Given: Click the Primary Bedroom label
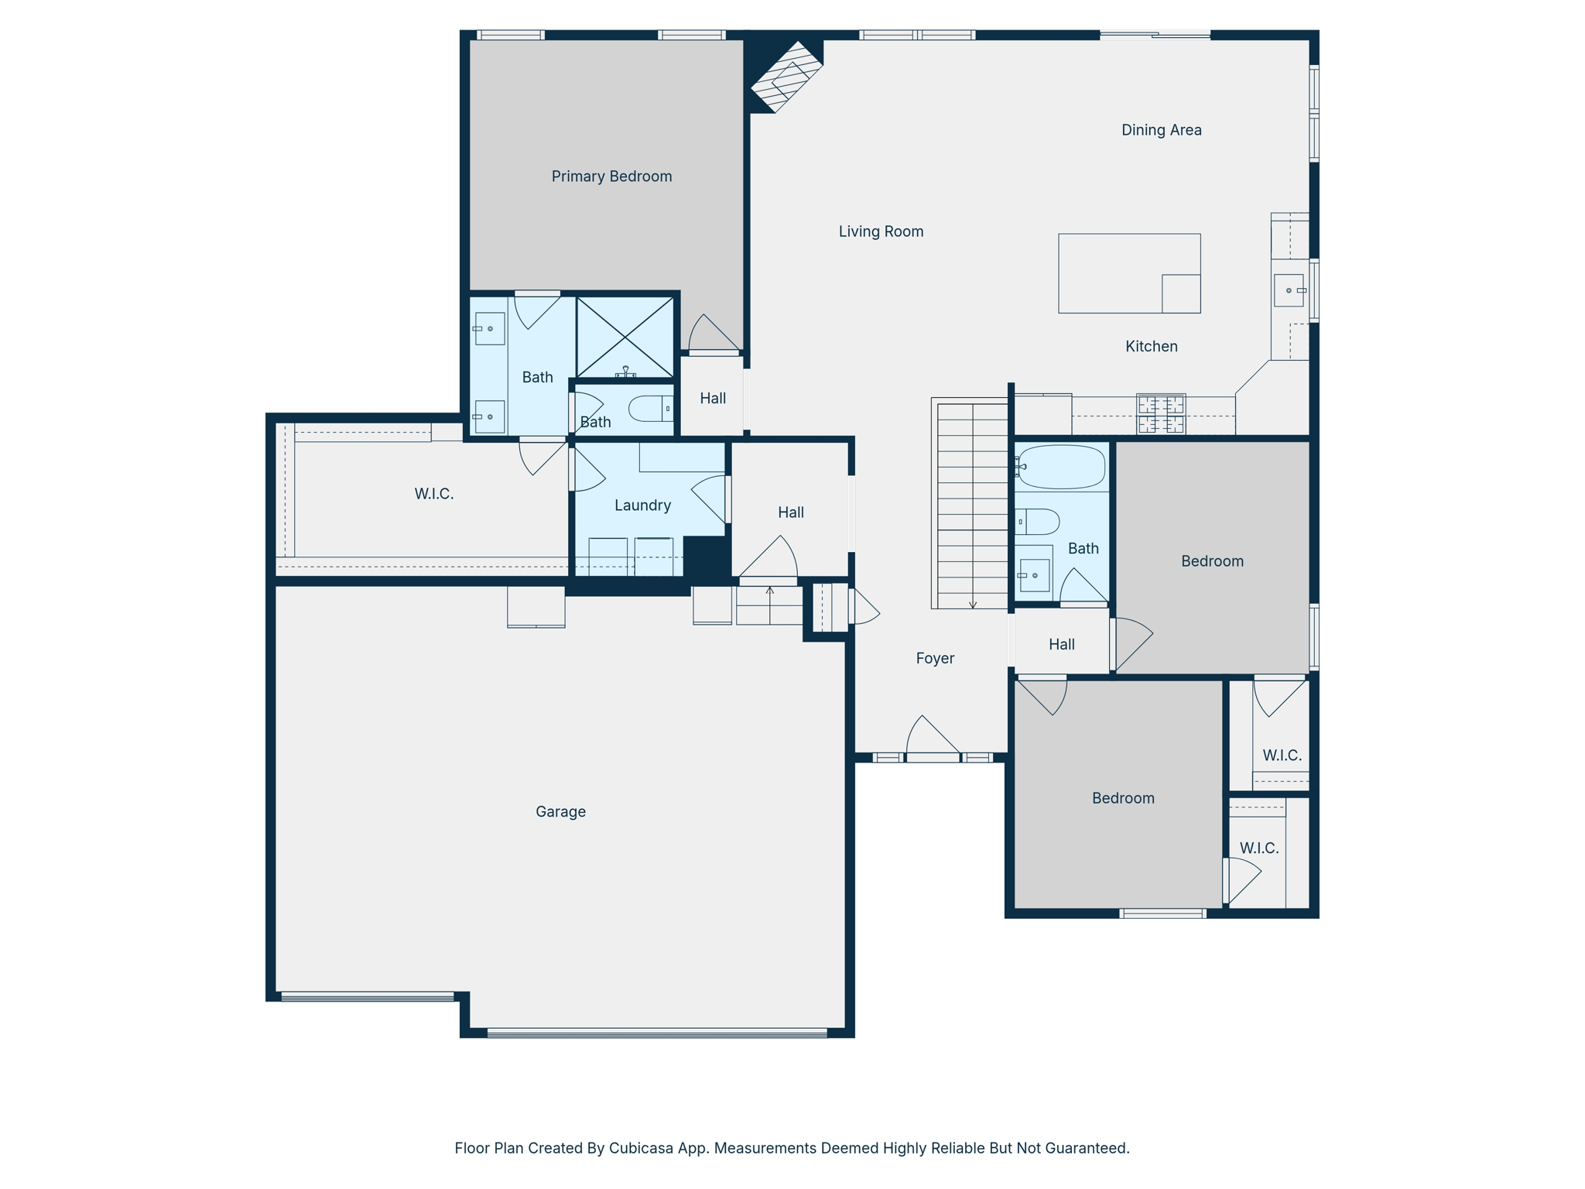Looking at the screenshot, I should point(611,176).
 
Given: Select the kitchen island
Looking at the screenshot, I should point(1128,273).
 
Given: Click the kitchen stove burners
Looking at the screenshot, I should point(1160,414).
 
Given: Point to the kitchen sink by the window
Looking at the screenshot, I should point(1289,290).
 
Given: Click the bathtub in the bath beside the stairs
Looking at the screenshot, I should point(1061,467).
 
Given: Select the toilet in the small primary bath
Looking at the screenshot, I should point(650,408).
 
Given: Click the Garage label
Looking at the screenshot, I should point(560,811).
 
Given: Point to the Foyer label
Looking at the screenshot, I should point(935,658).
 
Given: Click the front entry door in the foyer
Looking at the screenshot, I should point(933,756).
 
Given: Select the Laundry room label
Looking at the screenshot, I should point(642,505).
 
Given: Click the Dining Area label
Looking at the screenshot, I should point(1161,130).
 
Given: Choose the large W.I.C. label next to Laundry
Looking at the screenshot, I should point(433,494).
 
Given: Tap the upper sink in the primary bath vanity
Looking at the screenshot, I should point(489,329).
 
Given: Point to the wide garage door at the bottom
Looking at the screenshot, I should point(656,1032).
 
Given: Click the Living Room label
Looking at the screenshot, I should point(881,231).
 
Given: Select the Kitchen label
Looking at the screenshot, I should point(1151,346).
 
